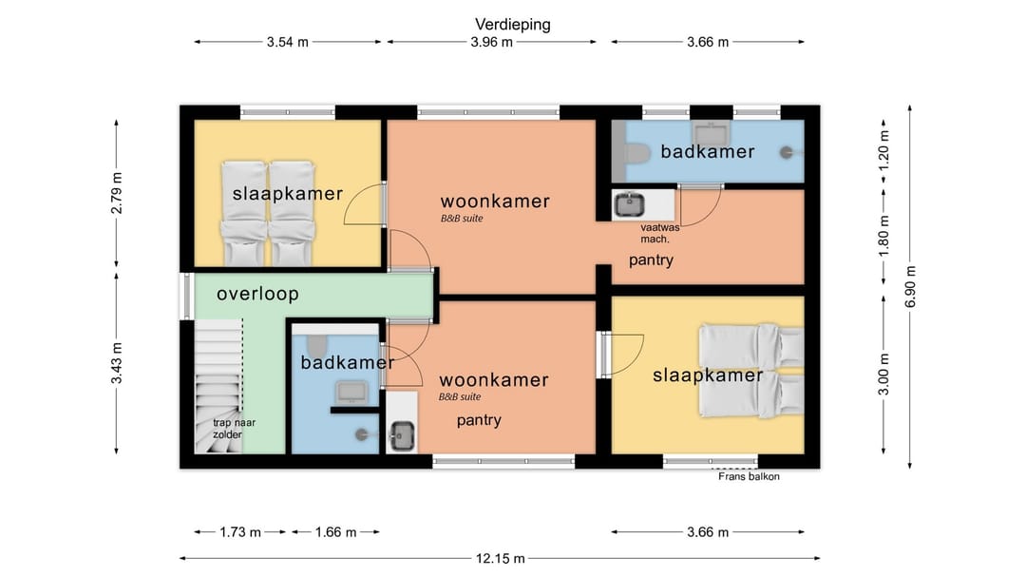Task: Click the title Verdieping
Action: coord(512,24)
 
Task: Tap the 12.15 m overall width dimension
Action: coord(500,559)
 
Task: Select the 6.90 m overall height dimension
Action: coord(910,287)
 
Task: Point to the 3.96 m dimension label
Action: coord(491,42)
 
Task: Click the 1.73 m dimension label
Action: coord(240,531)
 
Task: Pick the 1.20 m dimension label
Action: coord(883,150)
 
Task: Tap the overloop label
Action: coord(257,294)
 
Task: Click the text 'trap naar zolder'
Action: coord(234,429)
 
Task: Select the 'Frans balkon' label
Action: coord(749,476)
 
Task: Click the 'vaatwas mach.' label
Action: coord(659,233)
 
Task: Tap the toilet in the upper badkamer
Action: coord(636,154)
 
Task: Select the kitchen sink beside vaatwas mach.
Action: coord(630,205)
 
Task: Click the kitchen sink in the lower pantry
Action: coord(401,435)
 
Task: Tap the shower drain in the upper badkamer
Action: coord(787,153)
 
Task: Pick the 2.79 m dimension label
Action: coord(117,193)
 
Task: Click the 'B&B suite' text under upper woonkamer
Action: coord(462,219)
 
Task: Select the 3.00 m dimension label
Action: coord(883,374)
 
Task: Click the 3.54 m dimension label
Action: coord(287,42)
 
